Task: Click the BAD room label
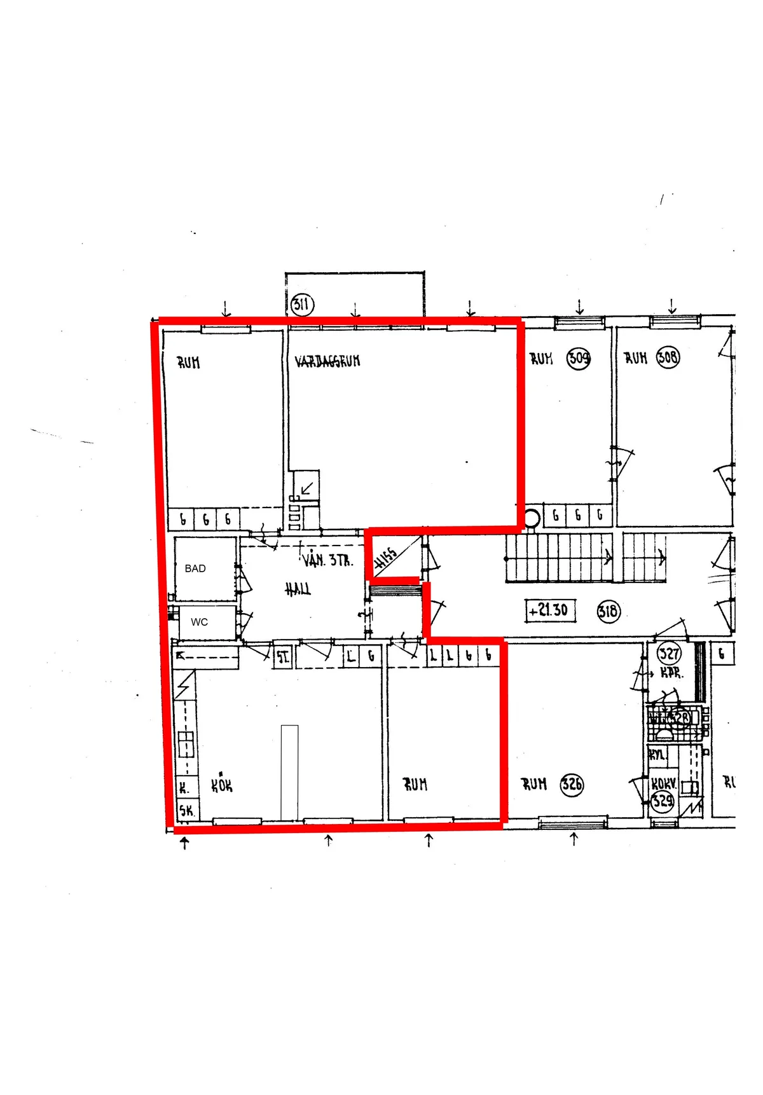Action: click(x=195, y=568)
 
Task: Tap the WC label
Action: click(x=199, y=622)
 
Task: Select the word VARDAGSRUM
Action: click(x=327, y=361)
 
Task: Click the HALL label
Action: click(x=298, y=590)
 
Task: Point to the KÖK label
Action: click(x=222, y=785)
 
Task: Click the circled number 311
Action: click(x=302, y=305)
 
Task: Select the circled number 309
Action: click(x=579, y=358)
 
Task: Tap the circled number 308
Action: click(x=668, y=357)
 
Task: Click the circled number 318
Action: click(x=608, y=612)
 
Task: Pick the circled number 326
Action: click(x=572, y=784)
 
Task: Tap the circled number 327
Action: click(x=669, y=653)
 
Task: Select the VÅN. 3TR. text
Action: click(x=327, y=560)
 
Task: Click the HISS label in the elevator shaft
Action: click(x=386, y=558)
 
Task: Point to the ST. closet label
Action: click(x=282, y=658)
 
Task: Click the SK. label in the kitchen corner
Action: click(x=186, y=811)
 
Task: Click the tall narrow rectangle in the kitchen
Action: click(x=289, y=773)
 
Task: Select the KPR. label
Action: click(x=671, y=673)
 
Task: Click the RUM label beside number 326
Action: click(x=534, y=784)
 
